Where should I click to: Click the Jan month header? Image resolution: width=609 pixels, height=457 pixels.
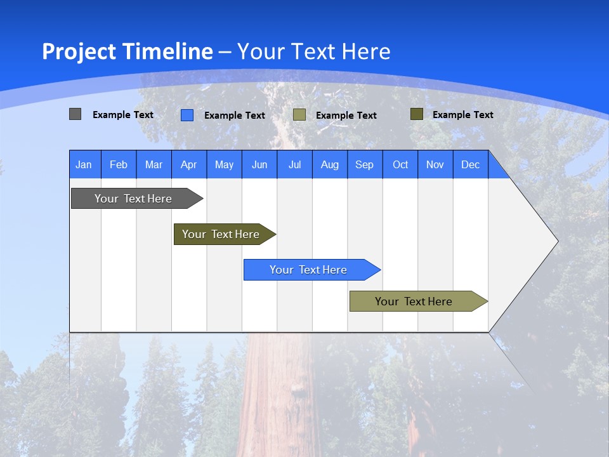tap(84, 164)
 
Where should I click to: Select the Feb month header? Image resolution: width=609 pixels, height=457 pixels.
tap(119, 164)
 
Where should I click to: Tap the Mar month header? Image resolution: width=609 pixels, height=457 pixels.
tap(154, 164)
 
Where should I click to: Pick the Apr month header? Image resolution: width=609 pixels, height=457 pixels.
tap(189, 164)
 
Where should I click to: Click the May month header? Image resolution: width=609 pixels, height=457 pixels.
tap(224, 164)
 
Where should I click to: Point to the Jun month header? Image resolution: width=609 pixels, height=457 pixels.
tap(259, 164)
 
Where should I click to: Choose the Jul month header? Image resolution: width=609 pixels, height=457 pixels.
tap(294, 164)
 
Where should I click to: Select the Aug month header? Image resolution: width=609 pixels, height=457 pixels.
tap(330, 164)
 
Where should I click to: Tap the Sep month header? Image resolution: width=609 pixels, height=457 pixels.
tap(365, 164)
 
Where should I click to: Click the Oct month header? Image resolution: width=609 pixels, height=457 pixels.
tap(400, 164)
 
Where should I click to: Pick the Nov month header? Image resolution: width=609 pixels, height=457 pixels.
tap(435, 164)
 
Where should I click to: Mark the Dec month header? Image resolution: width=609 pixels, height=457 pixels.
tap(471, 164)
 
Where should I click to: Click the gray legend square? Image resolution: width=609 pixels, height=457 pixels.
tap(75, 114)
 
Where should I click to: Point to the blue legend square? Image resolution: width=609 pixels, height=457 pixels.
tap(187, 115)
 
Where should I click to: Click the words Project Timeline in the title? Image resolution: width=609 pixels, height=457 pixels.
tap(128, 51)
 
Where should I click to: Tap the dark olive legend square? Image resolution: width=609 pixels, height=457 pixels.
tap(416, 114)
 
